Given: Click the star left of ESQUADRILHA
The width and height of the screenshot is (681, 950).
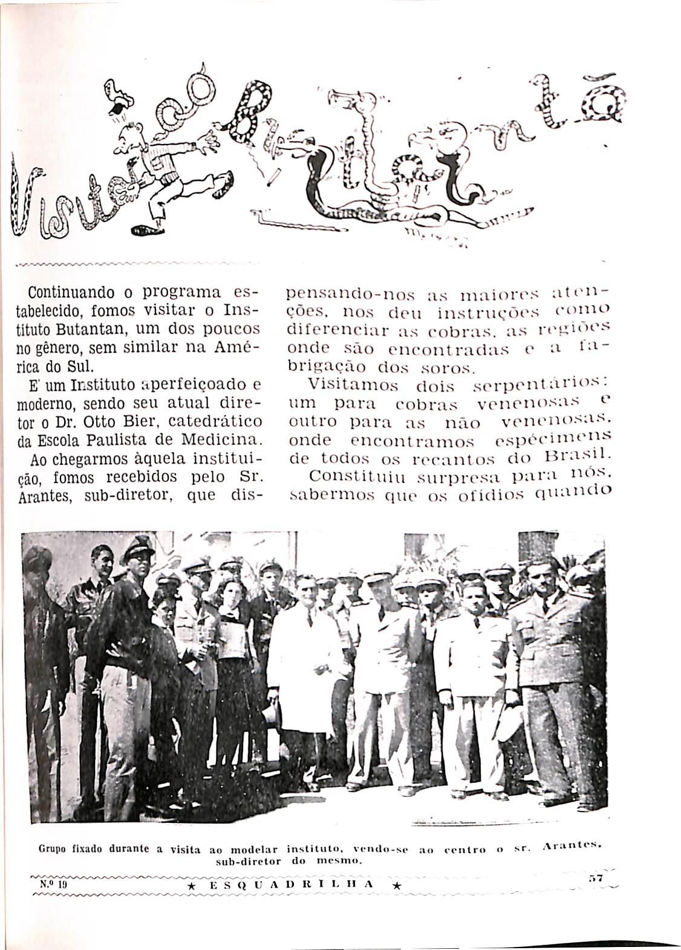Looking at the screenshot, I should tap(191, 885).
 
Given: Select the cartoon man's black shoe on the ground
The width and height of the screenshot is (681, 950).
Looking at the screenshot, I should tap(146, 230).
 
